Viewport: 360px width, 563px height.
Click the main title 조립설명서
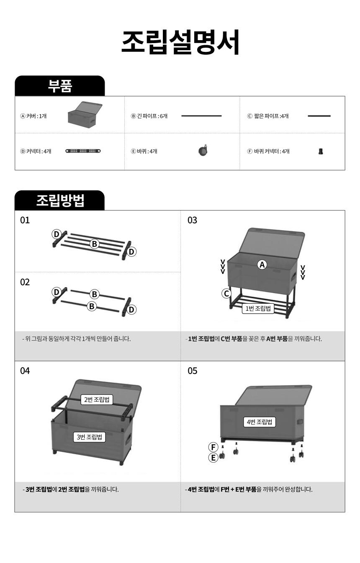(x=180, y=42)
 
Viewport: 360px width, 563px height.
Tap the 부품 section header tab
(x=59, y=86)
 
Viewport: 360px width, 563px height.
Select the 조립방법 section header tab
(x=59, y=200)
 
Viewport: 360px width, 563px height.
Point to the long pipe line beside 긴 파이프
(x=201, y=116)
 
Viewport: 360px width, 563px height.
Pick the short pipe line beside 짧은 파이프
(x=319, y=116)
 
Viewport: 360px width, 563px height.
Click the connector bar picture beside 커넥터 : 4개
(x=83, y=151)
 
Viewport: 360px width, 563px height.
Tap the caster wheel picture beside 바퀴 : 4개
(x=203, y=150)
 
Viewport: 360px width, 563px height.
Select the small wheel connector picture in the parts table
(x=321, y=151)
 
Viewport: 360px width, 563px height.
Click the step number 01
(x=25, y=220)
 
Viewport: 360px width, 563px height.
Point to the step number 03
(x=192, y=220)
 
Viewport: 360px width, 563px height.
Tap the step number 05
(x=192, y=371)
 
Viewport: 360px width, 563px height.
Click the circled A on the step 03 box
(x=262, y=265)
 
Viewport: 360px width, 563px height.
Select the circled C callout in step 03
(x=226, y=293)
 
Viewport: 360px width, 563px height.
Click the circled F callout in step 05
(x=213, y=447)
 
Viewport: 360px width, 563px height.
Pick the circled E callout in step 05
(x=213, y=458)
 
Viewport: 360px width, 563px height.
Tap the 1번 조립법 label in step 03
(x=258, y=308)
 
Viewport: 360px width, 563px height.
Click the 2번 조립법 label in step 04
(x=97, y=399)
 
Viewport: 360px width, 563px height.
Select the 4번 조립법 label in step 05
(x=260, y=422)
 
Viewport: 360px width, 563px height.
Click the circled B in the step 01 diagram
(x=94, y=244)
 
